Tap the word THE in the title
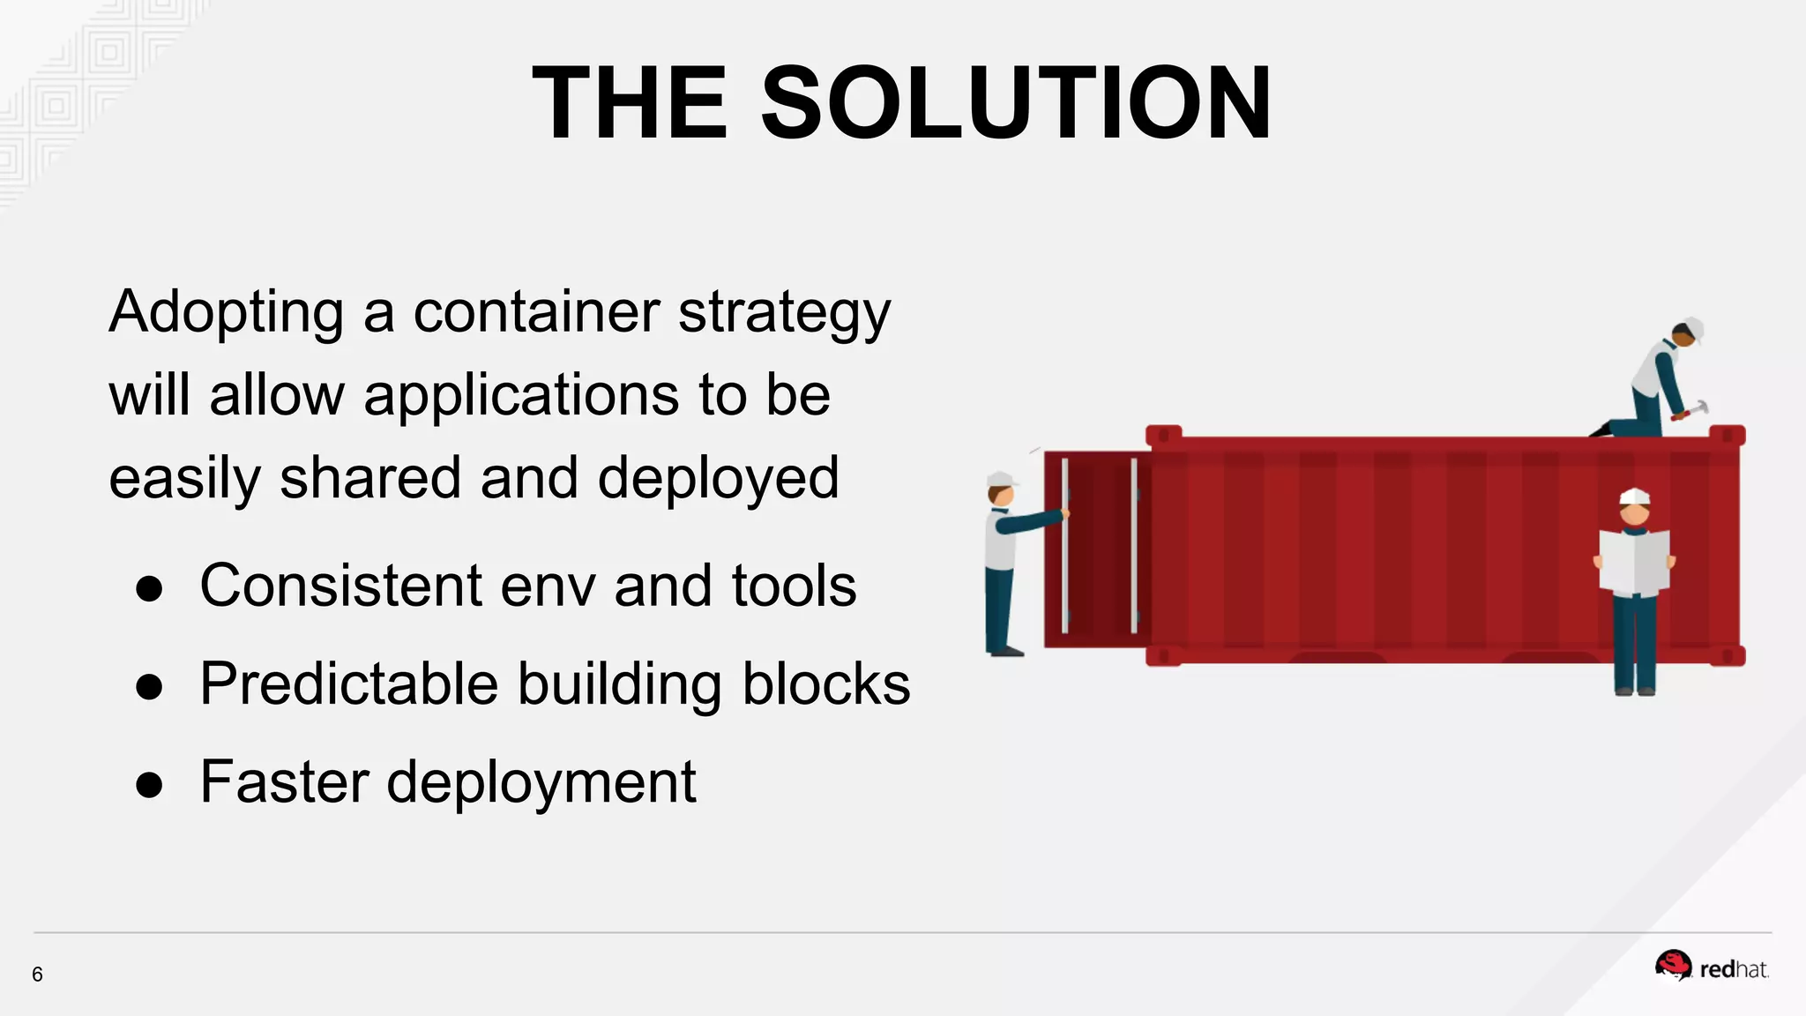pos(631,103)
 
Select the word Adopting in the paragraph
pos(226,313)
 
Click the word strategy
pos(785,313)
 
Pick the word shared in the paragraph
pos(371,477)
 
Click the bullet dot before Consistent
pos(149,588)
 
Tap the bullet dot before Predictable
pos(149,686)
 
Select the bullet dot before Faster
pos(149,784)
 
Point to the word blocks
pos(826,684)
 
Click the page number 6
pos(37,974)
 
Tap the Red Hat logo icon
pos(1673,965)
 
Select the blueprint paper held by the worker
pos(1634,561)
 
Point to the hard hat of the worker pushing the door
pos(1000,480)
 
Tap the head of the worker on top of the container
pos(1686,333)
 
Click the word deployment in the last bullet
pos(541,781)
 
